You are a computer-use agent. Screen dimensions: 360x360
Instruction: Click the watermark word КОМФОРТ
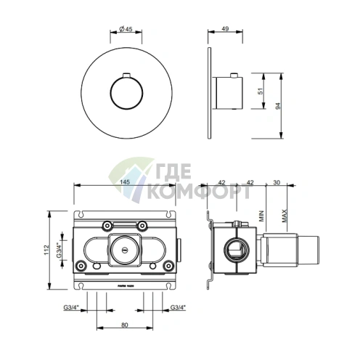point(199,193)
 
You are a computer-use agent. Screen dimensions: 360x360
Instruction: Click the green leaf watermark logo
point(131,181)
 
